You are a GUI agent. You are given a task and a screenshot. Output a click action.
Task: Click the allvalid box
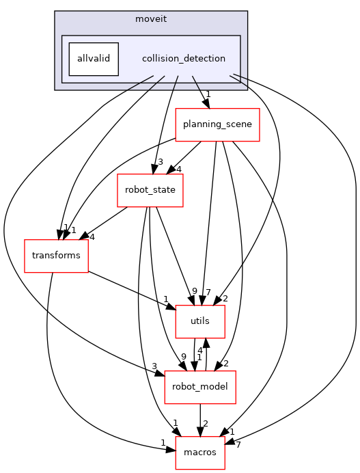[94, 59]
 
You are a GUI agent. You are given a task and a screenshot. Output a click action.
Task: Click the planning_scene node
[217, 124]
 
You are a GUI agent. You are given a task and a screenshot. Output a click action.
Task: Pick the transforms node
[56, 256]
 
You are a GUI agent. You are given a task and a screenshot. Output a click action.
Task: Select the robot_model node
[200, 388]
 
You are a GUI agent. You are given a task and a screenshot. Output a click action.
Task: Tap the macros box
[200, 453]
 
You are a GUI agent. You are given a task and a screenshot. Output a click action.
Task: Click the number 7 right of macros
[238, 445]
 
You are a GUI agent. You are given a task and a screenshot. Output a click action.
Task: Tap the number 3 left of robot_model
[154, 366]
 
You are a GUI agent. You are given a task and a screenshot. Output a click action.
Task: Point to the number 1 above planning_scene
[208, 95]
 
